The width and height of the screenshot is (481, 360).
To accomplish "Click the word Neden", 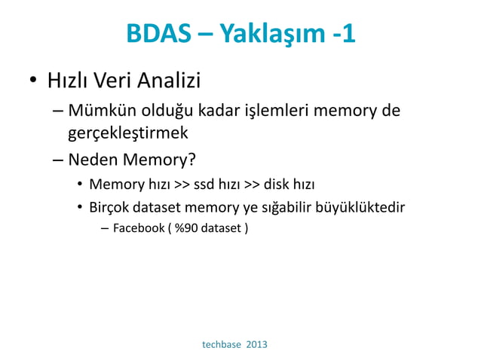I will coord(91,160).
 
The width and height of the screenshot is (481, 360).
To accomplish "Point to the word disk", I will coord(277,184).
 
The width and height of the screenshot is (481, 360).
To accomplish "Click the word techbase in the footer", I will coord(222,344).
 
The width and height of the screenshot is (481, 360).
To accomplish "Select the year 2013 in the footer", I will coord(256,344).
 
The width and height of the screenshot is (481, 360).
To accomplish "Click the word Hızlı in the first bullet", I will coord(66,78).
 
